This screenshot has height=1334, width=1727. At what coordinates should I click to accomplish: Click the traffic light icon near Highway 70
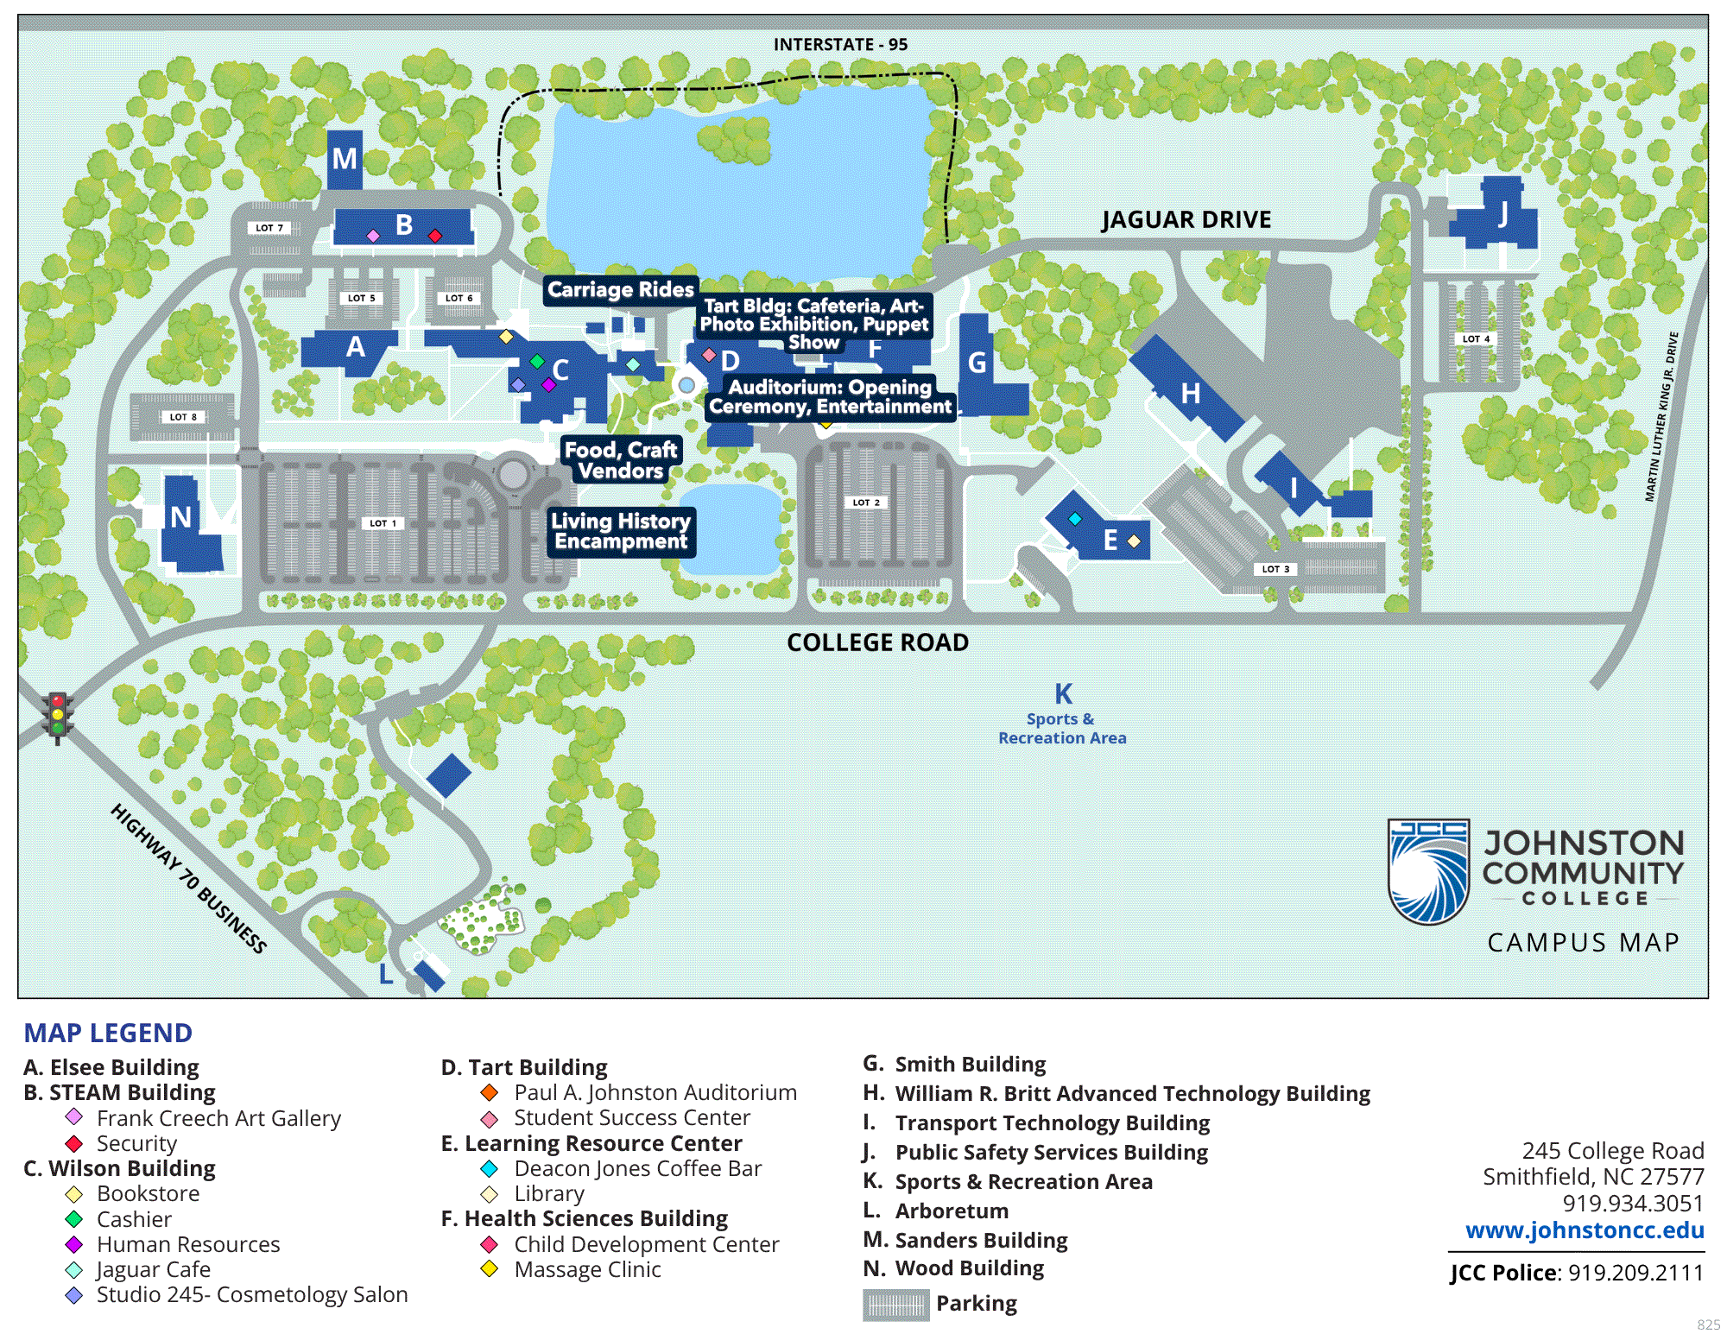(58, 716)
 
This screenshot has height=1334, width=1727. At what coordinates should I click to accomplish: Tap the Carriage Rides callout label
(620, 289)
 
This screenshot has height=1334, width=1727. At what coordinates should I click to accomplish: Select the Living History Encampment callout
(621, 531)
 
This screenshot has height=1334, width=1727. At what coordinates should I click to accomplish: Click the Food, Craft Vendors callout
(621, 460)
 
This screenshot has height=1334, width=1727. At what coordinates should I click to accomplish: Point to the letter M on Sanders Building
(345, 159)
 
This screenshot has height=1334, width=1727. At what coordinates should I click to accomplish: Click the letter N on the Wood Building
(180, 517)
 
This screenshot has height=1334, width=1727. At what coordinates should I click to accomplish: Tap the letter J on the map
(1503, 213)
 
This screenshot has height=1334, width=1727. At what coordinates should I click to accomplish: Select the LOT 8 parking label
(183, 417)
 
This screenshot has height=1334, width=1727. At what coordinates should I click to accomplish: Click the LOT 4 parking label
(1476, 339)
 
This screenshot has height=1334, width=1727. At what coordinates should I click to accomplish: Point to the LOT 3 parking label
(1275, 569)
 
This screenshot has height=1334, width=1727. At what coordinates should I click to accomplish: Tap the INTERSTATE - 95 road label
(840, 45)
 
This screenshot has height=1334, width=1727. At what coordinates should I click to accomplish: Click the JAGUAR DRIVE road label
(1186, 220)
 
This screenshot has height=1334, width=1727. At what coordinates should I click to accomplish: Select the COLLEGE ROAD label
(877, 642)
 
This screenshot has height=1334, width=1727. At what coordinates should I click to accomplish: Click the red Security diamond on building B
(435, 236)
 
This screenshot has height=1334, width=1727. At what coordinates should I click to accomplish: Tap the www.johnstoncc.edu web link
(1585, 1230)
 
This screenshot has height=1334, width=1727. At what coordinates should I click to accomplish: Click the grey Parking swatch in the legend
(895, 1305)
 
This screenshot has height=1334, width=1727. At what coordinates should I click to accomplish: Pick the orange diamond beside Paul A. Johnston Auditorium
(490, 1093)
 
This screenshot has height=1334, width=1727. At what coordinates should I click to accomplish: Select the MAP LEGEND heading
(108, 1033)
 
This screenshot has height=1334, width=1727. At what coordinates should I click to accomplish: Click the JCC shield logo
(1428, 870)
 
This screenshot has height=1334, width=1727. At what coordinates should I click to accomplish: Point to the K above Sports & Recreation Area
(1063, 694)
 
